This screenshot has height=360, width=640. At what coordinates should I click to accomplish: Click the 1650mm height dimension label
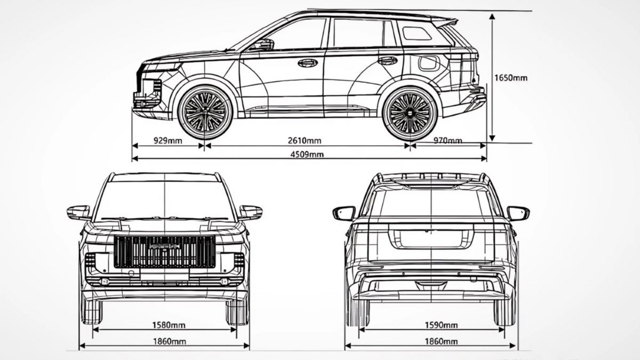(510, 78)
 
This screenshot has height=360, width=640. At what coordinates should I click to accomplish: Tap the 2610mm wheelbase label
(305, 141)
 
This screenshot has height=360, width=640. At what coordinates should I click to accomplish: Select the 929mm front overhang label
(167, 141)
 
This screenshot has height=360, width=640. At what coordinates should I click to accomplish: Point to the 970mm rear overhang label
(447, 141)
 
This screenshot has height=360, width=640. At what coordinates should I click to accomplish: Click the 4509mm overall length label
(307, 155)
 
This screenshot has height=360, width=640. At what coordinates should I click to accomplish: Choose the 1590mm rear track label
(441, 324)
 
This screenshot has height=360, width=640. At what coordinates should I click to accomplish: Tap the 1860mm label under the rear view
(441, 341)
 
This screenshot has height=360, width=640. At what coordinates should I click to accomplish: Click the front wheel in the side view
(205, 113)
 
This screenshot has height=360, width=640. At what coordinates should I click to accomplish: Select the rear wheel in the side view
(410, 113)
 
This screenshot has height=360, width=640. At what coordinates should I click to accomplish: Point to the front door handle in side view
(307, 63)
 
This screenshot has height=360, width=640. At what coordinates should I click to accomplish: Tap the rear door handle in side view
(387, 60)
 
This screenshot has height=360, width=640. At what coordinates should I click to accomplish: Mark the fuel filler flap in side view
(429, 63)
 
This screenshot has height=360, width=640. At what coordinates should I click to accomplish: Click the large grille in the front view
(164, 251)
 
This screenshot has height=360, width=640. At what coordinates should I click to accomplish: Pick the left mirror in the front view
(78, 212)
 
